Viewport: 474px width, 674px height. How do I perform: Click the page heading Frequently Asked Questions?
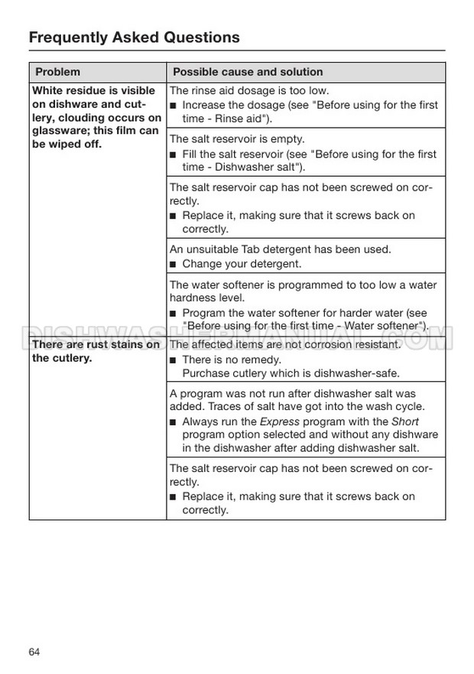(134, 37)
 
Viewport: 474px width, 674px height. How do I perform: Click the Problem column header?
(57, 72)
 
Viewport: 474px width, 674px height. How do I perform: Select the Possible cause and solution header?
(248, 72)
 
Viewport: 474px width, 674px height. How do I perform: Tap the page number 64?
(34, 652)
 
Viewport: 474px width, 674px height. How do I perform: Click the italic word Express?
(280, 422)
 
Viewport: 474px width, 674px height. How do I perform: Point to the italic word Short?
(405, 422)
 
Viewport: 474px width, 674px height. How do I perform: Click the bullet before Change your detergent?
(174, 265)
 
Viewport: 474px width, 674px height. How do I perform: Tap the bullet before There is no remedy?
(174, 360)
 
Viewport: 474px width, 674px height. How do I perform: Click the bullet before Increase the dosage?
(174, 106)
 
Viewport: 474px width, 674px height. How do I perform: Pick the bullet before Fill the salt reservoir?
(174, 155)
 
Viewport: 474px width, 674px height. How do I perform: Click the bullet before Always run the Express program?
(174, 422)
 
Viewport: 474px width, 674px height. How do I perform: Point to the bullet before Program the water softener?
(174, 314)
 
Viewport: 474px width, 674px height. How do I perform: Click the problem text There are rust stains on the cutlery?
(96, 351)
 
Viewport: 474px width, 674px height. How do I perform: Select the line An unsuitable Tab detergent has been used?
(280, 249)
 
